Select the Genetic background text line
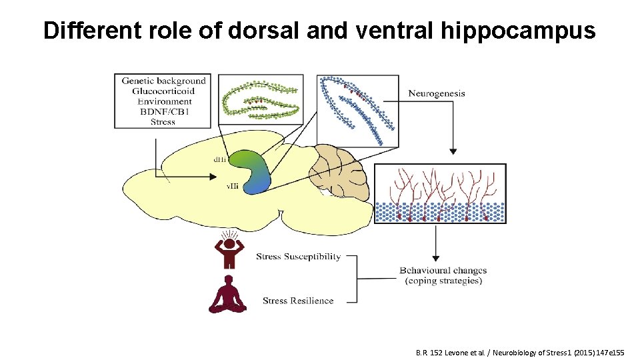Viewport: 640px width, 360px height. [x=163, y=81]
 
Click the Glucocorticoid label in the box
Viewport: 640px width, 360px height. [x=163, y=91]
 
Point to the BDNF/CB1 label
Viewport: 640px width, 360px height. [x=163, y=111]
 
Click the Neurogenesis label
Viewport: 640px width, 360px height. [x=436, y=93]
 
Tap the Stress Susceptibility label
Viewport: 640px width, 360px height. [x=298, y=257]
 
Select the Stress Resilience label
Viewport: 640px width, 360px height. [x=297, y=301]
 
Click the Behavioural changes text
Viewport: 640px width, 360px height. [x=443, y=270]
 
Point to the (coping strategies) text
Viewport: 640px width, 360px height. [x=443, y=281]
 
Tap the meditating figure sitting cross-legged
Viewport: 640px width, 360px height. [x=227, y=295]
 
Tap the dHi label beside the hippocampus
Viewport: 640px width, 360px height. [x=219, y=159]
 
